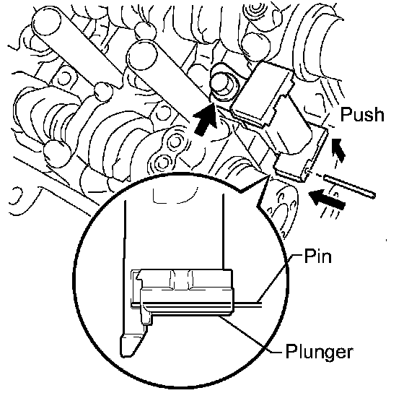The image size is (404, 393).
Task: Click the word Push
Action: coord(362,115)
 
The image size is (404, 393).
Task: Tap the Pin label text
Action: coord(317,256)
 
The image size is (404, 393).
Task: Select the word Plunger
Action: coord(319,351)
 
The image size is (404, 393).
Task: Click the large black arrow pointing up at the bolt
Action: coord(206,118)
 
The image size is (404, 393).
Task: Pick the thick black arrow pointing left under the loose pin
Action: coord(328,199)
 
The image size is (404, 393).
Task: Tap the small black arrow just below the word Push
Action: coord(338,150)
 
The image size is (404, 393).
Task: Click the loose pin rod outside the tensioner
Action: coord(349,186)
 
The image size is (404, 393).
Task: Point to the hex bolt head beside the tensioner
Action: coord(222,83)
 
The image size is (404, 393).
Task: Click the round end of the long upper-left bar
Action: coord(47,21)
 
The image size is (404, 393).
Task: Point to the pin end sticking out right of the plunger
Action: coord(248,304)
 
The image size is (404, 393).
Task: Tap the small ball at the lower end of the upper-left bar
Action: coord(104,92)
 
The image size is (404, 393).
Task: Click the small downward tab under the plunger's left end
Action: coord(146,316)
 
